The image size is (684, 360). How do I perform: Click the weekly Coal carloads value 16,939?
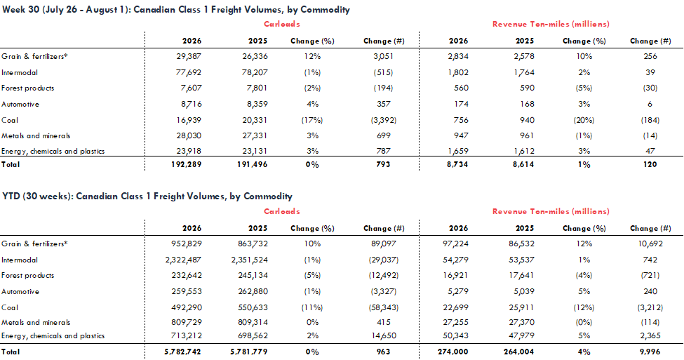(x=189, y=120)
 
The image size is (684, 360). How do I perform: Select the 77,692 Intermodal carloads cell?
(x=189, y=72)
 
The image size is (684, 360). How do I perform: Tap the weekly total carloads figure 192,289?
(x=187, y=164)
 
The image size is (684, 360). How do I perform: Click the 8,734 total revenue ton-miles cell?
(x=457, y=164)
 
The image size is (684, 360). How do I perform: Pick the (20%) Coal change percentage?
(x=584, y=120)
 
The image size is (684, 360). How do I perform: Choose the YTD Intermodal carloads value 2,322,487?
(x=183, y=260)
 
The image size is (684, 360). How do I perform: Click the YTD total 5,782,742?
(x=183, y=352)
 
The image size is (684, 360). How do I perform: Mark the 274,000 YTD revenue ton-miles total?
(x=452, y=352)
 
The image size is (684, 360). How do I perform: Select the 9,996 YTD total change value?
(x=650, y=352)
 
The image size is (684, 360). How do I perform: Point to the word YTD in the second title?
(x=11, y=196)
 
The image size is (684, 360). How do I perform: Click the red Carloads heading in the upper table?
(x=282, y=24)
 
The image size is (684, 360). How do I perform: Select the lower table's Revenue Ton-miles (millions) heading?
(x=551, y=212)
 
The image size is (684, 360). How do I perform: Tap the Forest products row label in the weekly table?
(x=28, y=88)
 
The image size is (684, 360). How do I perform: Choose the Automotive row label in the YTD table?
(x=20, y=291)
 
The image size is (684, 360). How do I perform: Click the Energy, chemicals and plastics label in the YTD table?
(x=53, y=335)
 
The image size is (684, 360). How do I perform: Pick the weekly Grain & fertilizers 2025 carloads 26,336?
(x=255, y=56)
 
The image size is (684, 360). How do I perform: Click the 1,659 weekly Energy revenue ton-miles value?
(x=457, y=151)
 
